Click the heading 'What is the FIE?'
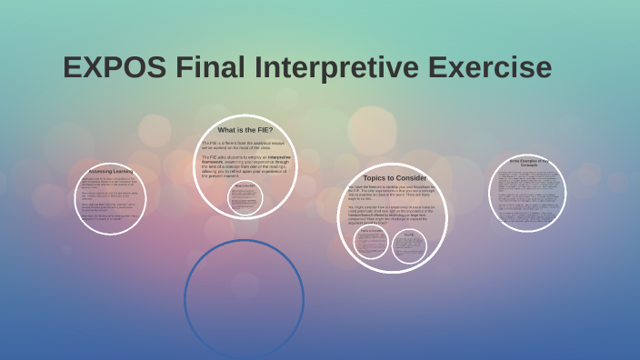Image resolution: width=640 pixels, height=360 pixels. (x=245, y=130)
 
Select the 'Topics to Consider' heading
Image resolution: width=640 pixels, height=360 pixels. (x=395, y=177)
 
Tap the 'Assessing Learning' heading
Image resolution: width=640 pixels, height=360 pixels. (x=110, y=171)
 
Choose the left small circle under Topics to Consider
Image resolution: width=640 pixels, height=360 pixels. (x=372, y=242)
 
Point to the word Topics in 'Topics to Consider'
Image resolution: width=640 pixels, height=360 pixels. (x=375, y=177)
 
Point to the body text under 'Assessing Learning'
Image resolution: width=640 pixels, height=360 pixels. (x=110, y=200)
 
